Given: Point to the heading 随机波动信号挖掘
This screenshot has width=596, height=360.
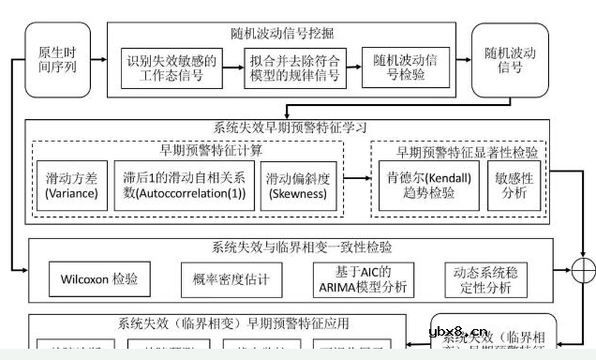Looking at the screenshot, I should [x=284, y=34].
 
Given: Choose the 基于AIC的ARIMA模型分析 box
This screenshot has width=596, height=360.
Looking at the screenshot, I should [x=360, y=278].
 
